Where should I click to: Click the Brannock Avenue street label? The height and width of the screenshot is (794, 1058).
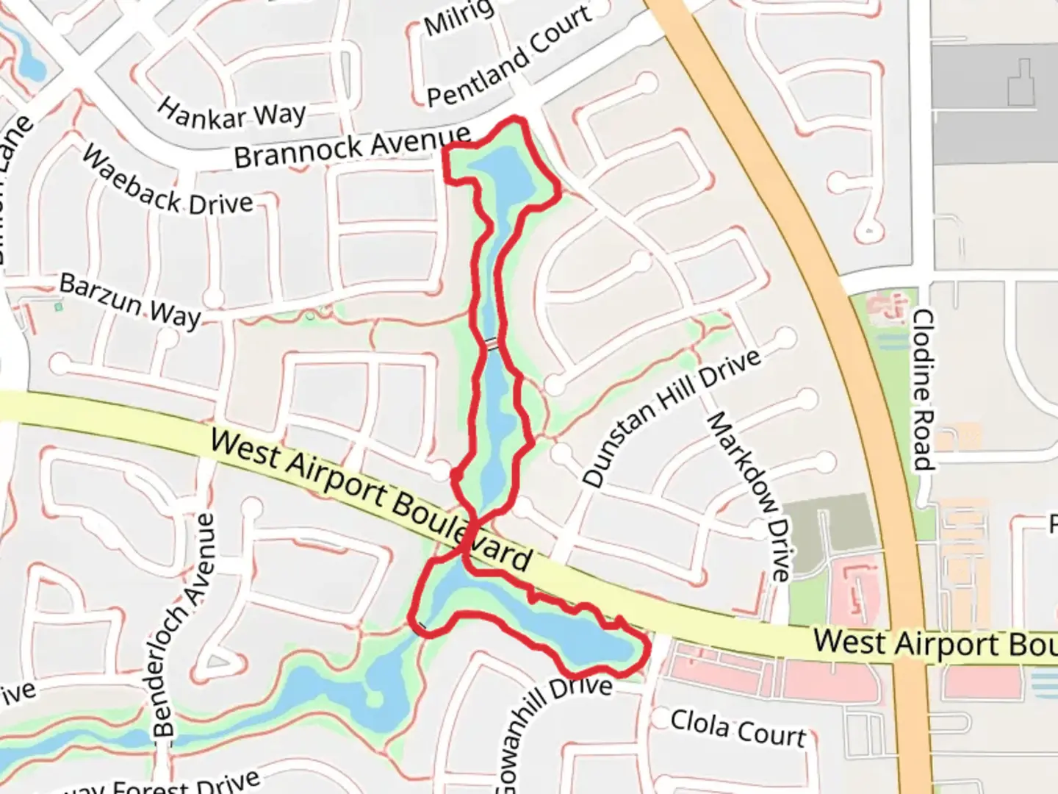pos(352,146)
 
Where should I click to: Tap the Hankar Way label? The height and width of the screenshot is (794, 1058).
pos(231,114)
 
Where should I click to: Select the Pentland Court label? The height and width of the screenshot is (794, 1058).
pos(508,57)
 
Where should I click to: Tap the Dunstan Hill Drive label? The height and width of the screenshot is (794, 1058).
pos(670,418)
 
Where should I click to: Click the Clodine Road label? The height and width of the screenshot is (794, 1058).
pos(922,390)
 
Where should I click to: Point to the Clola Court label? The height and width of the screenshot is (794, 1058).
pos(738,728)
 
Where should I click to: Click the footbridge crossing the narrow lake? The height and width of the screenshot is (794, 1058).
pos(490,343)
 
